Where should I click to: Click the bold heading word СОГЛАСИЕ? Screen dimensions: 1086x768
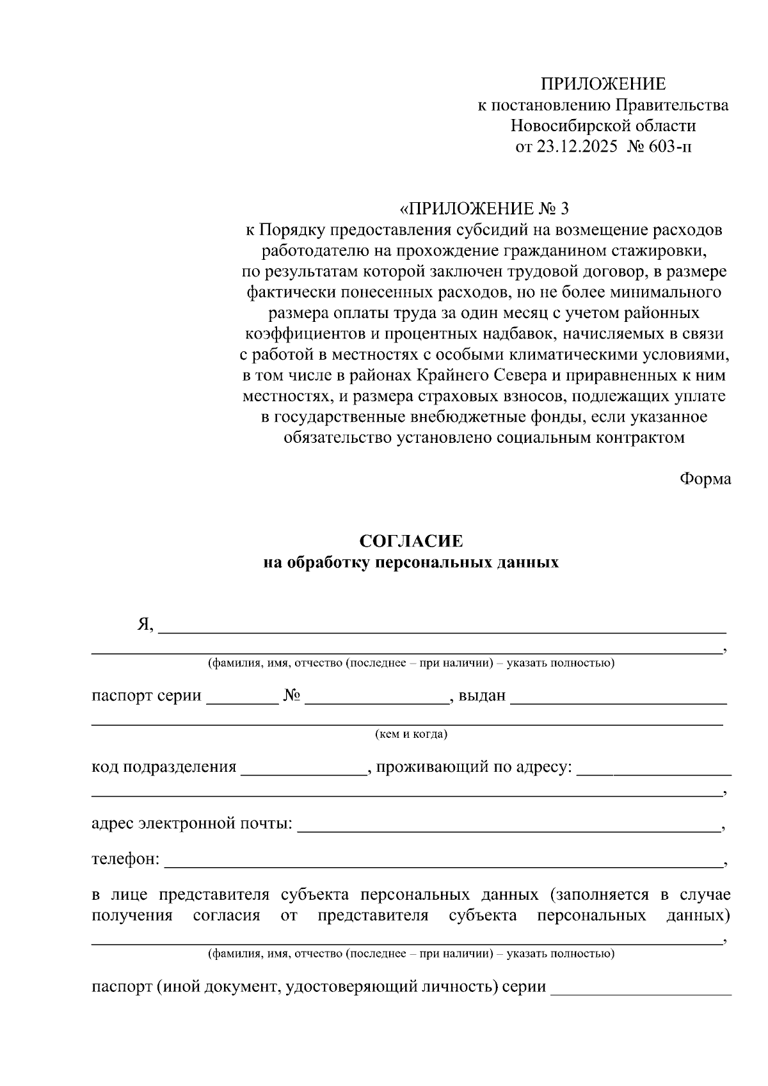tap(411, 541)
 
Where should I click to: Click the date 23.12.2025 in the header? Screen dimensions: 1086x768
tap(577, 147)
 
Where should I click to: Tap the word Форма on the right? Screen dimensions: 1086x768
tap(705, 479)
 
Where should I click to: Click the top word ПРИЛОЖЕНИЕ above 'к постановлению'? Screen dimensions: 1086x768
tap(603, 84)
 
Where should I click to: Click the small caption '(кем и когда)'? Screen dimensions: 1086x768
tap(411, 734)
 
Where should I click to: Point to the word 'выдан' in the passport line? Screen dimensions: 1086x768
tap(482, 696)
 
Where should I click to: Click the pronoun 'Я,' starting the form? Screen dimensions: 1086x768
tap(145, 625)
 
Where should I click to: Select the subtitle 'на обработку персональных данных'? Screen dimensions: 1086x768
tap(411, 563)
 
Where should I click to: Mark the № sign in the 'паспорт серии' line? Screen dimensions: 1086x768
tap(292, 696)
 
